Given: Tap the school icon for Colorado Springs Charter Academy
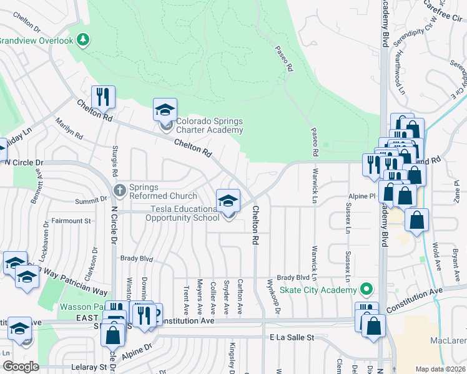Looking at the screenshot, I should coord(165,110).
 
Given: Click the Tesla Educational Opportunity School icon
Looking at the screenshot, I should coord(228,201).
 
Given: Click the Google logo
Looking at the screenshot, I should coord(20,367).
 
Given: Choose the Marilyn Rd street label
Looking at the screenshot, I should coord(69,127).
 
